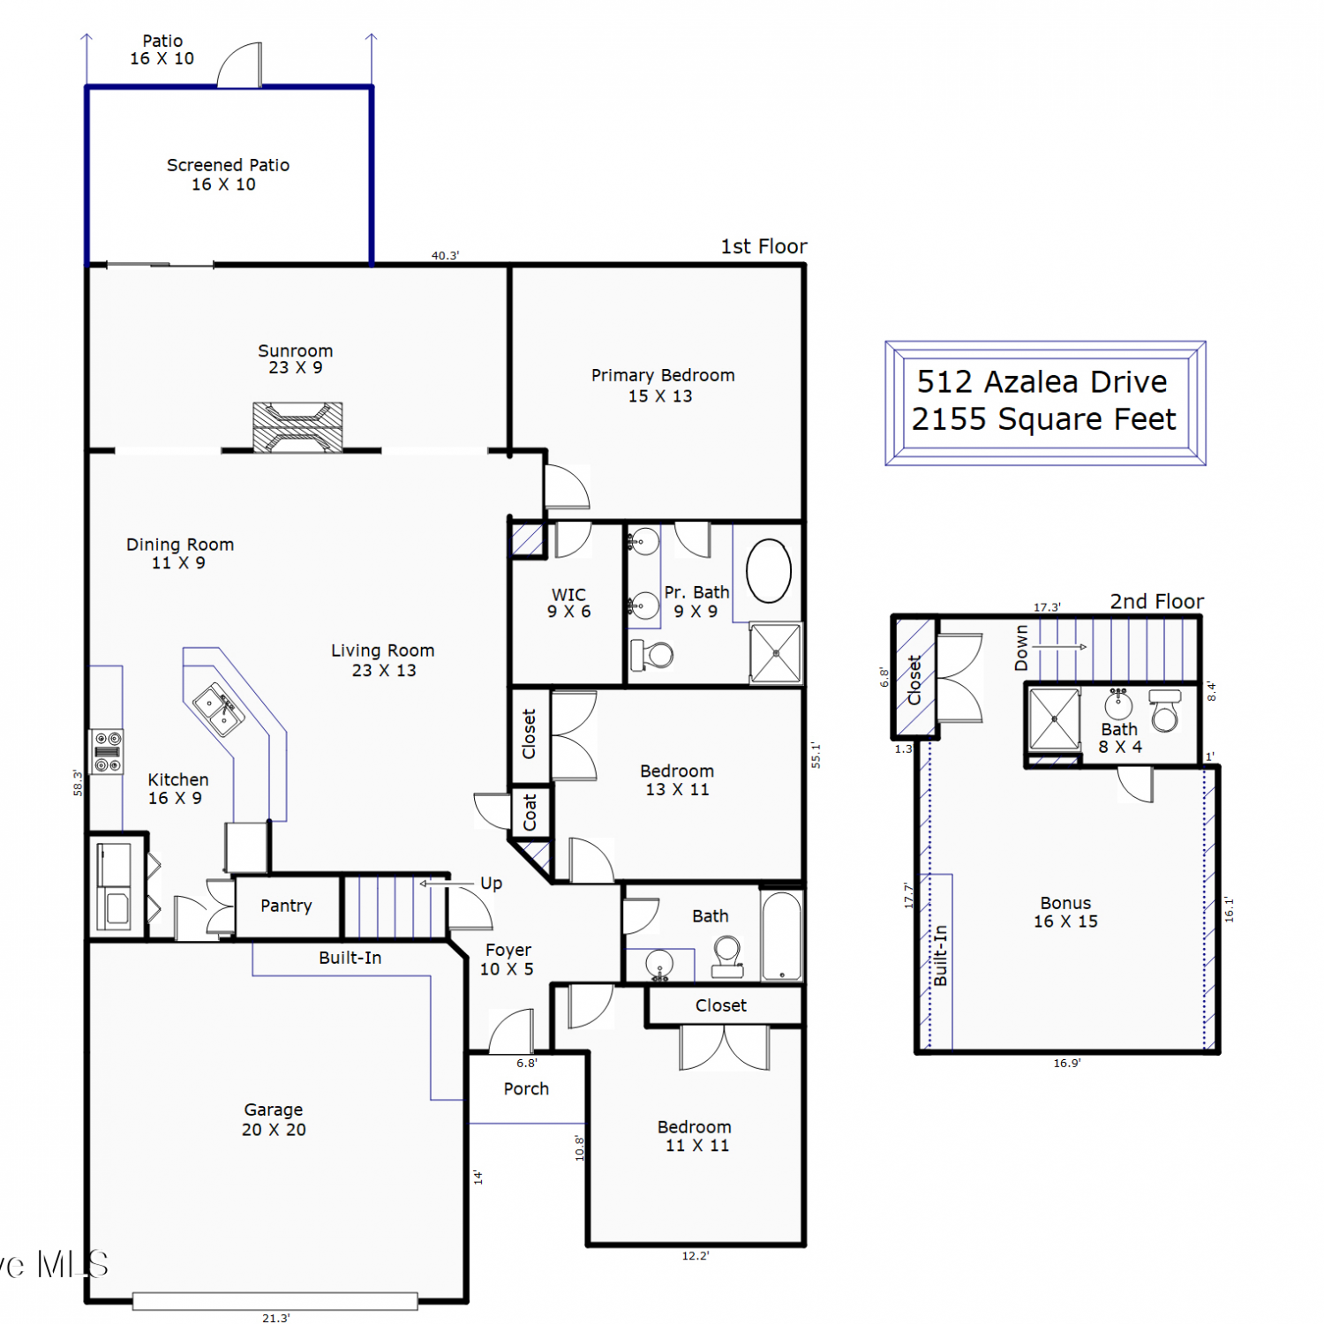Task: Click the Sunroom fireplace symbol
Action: (x=297, y=427)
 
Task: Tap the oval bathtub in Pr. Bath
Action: (x=769, y=571)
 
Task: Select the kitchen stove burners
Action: (x=107, y=751)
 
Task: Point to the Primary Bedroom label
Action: (x=662, y=386)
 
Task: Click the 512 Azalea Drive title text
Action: (x=1042, y=381)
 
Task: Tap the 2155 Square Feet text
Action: (x=1043, y=419)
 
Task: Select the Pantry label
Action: (x=286, y=906)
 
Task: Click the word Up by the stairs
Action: (x=491, y=884)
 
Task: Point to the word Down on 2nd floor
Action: (x=1021, y=648)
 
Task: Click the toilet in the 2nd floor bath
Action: (x=1165, y=711)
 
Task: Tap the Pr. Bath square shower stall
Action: (x=776, y=653)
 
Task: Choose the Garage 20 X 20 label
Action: (x=274, y=1119)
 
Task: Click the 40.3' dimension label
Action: (x=445, y=256)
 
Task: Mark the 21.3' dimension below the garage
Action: (x=275, y=1318)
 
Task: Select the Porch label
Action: (x=526, y=1089)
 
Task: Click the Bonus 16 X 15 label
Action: (x=1065, y=912)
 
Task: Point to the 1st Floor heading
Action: (x=764, y=246)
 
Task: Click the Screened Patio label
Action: (x=228, y=175)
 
